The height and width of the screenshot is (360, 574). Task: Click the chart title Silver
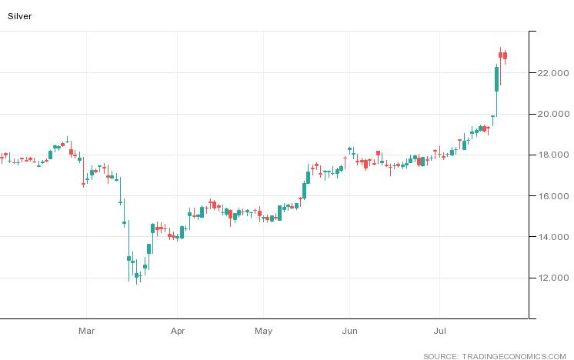click(20, 15)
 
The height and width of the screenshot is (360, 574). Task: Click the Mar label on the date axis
click(86, 332)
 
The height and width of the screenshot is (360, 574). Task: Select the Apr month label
click(178, 332)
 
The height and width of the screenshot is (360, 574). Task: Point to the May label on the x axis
click(263, 332)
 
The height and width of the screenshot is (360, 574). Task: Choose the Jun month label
click(349, 332)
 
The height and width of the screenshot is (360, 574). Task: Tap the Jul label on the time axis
click(439, 332)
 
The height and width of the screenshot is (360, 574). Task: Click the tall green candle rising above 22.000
click(496, 79)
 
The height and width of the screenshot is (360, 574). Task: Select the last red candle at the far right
click(506, 55)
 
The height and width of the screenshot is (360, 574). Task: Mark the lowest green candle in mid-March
click(137, 275)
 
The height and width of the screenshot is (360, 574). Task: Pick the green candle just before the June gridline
click(341, 168)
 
